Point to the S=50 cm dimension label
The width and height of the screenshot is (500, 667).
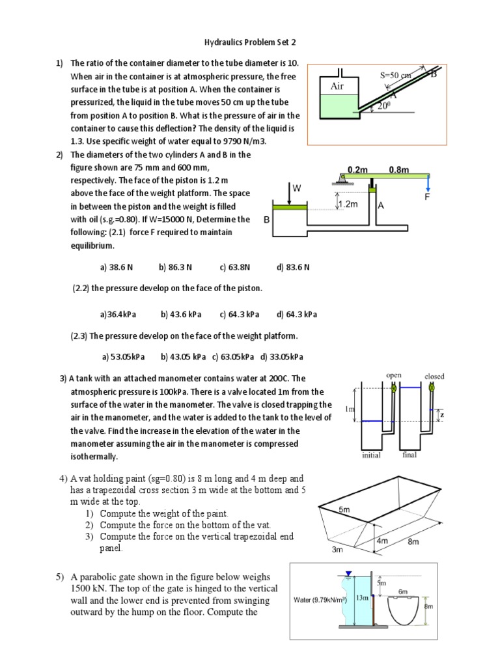(x=396, y=76)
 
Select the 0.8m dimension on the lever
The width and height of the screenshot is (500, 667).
(x=398, y=169)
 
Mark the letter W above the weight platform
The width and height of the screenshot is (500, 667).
(x=297, y=188)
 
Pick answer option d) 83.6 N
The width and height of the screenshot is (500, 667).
(x=293, y=267)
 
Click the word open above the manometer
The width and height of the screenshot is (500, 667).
(x=393, y=375)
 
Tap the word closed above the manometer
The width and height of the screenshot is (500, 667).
(x=434, y=376)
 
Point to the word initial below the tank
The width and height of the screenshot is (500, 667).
(x=371, y=455)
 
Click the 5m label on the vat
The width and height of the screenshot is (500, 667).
(x=344, y=511)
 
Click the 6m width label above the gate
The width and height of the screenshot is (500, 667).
(x=403, y=591)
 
